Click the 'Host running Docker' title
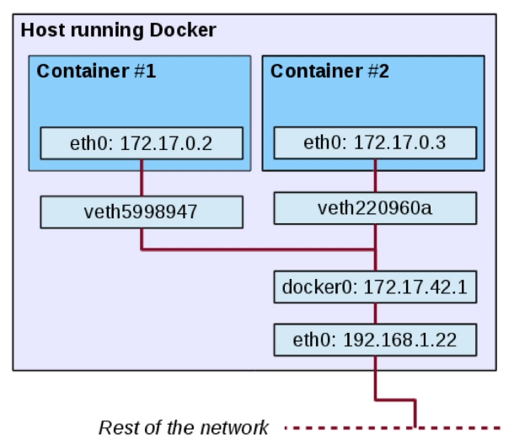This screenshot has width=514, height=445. click(118, 30)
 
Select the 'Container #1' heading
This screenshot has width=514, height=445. click(96, 71)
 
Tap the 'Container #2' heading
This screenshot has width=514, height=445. click(329, 71)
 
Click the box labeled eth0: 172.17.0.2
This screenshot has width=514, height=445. click(141, 143)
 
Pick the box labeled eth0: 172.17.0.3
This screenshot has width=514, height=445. click(375, 142)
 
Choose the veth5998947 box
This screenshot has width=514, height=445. click(141, 212)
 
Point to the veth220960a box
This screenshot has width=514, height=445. click(375, 208)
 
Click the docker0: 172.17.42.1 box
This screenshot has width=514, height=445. click(375, 287)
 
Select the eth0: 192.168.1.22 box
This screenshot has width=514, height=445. click(375, 340)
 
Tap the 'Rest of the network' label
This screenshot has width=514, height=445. click(184, 427)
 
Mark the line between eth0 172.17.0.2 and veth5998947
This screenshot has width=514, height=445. click(141, 178)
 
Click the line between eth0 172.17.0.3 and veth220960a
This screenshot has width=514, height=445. click(375, 175)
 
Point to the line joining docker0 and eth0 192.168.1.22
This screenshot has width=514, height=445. click(375, 314)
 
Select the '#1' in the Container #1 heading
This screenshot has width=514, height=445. click(143, 71)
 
